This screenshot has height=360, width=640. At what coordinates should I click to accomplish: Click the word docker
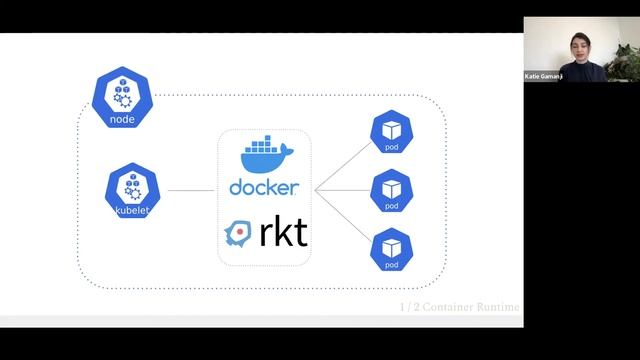[264, 188]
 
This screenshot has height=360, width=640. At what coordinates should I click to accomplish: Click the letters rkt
[283, 233]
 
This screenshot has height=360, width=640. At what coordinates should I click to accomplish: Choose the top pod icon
[391, 133]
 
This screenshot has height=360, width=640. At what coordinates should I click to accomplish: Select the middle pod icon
[391, 191]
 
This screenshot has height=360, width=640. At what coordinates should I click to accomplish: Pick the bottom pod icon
[391, 249]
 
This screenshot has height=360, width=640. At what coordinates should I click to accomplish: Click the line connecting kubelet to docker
[191, 190]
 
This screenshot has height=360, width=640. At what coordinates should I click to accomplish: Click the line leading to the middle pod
[343, 190]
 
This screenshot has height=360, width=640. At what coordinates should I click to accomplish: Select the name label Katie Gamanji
[547, 76]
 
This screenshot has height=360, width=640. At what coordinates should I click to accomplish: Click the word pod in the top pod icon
[391, 148]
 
